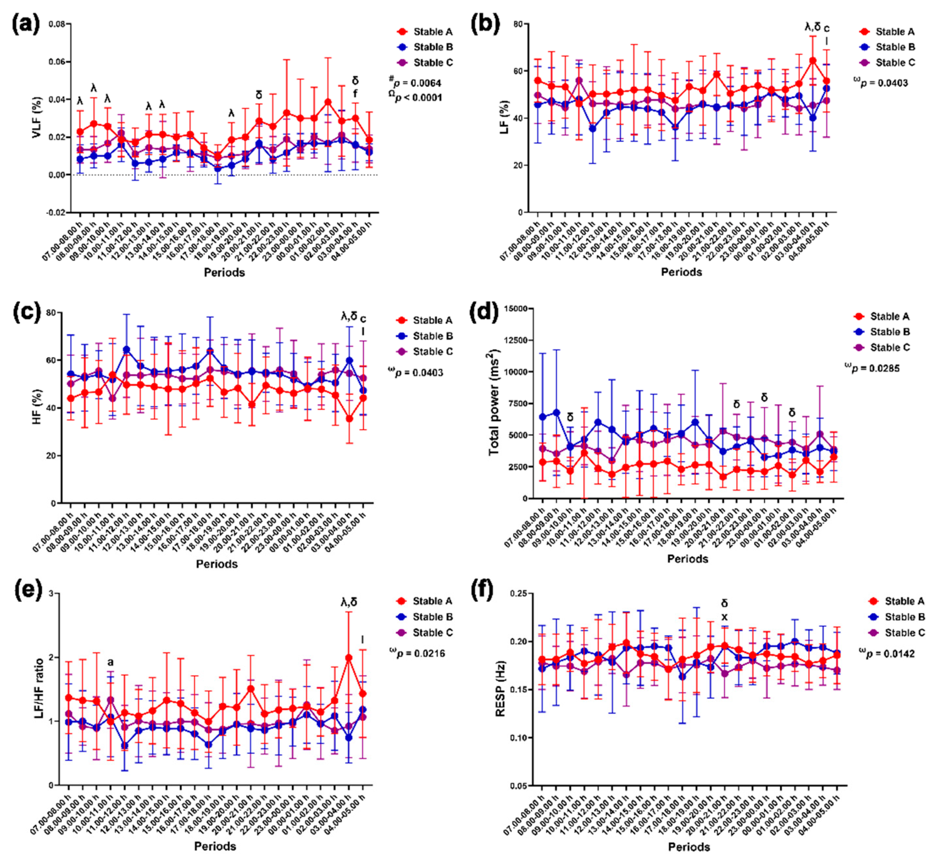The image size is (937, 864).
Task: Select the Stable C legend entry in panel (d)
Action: [x=889, y=347]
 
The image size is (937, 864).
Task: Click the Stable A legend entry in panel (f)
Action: [x=904, y=601]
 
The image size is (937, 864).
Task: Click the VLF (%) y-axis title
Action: [x=37, y=118]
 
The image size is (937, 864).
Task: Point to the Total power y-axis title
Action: [x=494, y=403]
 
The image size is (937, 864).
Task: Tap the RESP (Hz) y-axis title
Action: [x=501, y=689]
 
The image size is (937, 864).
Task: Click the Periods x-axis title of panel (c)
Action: [x=217, y=564]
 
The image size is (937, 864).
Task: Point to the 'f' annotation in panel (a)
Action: [x=355, y=94]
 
